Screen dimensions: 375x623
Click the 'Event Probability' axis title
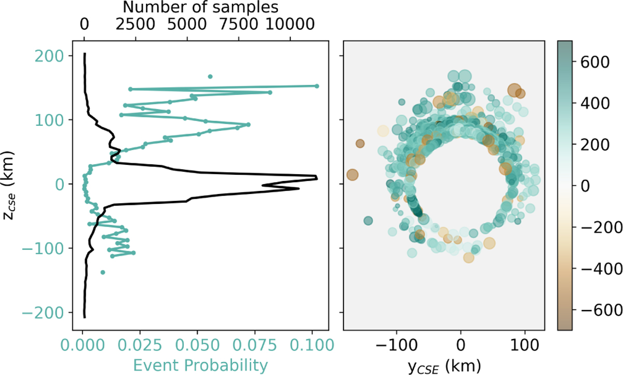click(200, 365)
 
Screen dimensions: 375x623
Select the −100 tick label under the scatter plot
click(397, 346)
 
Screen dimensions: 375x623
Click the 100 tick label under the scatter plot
click(525, 346)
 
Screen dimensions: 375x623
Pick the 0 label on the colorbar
click(585, 186)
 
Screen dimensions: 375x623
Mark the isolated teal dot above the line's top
click(210, 76)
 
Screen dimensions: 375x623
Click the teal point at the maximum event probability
click(317, 86)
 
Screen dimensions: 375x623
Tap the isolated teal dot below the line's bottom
click(103, 272)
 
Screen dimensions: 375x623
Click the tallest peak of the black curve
click(317, 178)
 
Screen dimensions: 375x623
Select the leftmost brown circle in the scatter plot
click(353, 175)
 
